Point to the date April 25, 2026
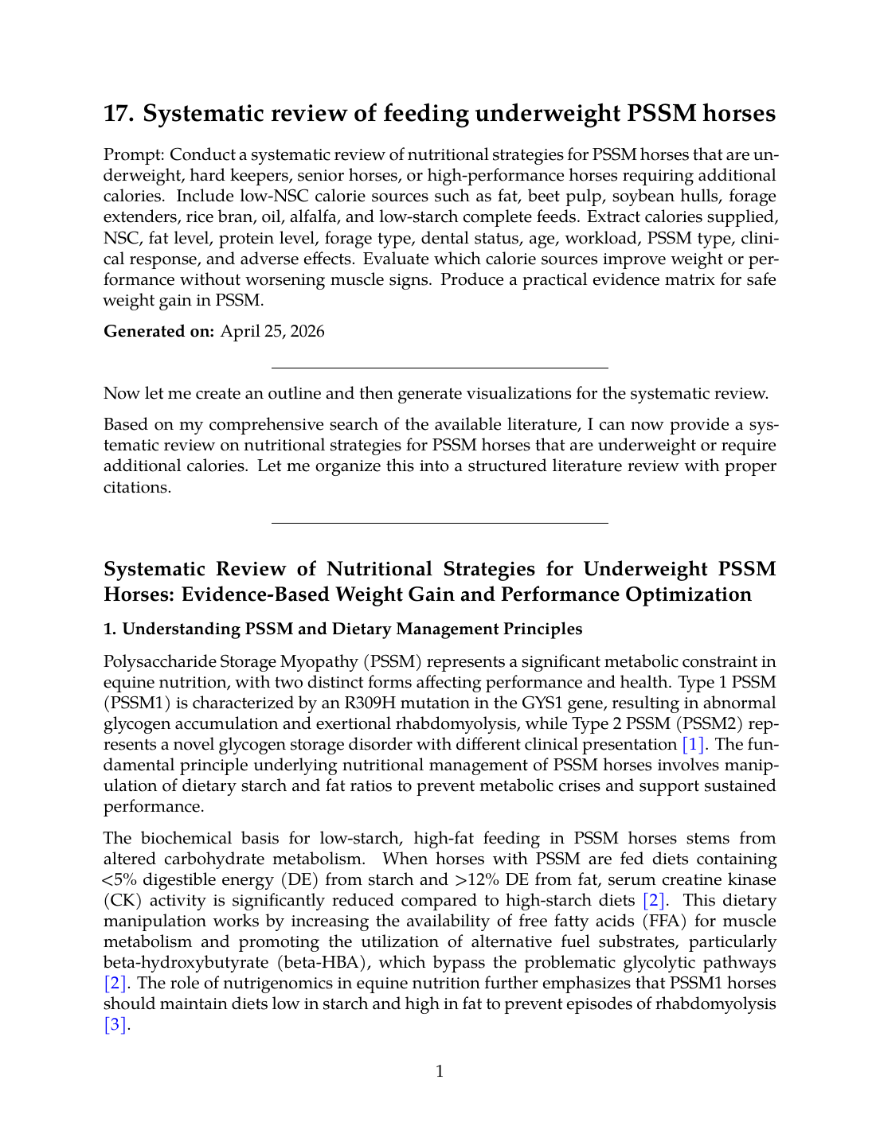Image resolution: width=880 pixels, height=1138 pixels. [x=272, y=332]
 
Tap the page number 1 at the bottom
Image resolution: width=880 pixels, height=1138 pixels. [x=440, y=1071]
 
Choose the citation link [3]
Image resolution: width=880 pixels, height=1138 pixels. [x=116, y=1025]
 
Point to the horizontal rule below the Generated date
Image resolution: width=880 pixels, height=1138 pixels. [x=440, y=368]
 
